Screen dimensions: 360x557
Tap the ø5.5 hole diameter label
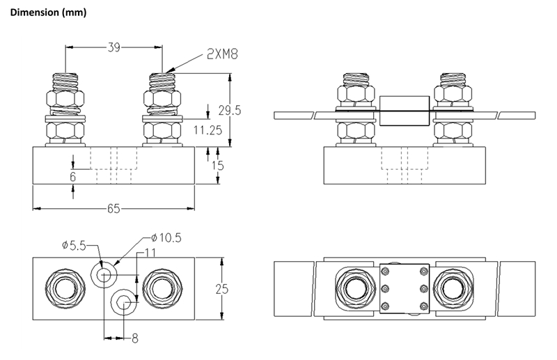[74, 245]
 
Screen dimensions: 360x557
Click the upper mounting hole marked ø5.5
[104, 274]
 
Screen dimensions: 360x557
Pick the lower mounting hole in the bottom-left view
[125, 302]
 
